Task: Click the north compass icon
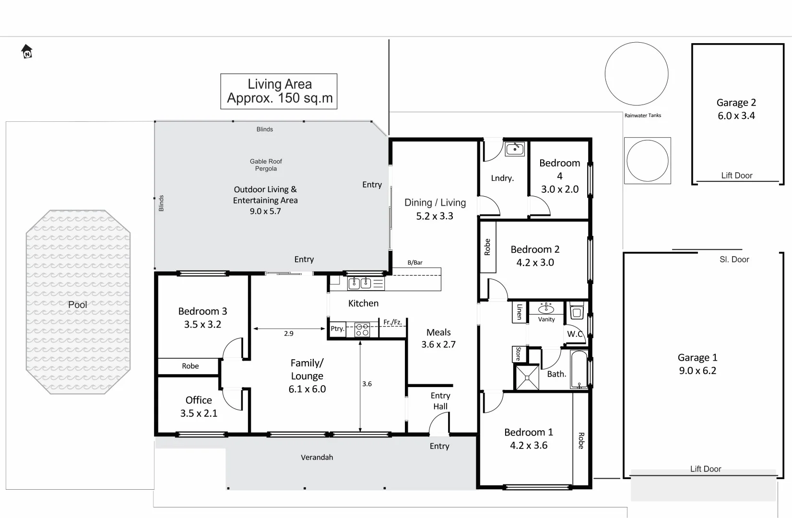pyautogui.click(x=27, y=51)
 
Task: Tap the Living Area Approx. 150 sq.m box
pyautogui.click(x=279, y=91)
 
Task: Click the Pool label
pyautogui.click(x=77, y=305)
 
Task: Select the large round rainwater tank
pyautogui.click(x=636, y=74)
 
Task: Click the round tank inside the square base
pyautogui.click(x=647, y=161)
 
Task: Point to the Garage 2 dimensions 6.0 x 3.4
pyautogui.click(x=736, y=116)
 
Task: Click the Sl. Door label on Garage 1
pyautogui.click(x=734, y=259)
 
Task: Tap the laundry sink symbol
pyautogui.click(x=515, y=149)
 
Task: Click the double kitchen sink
pyautogui.click(x=360, y=283)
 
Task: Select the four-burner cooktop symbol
pyautogui.click(x=362, y=330)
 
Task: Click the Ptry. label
pyautogui.click(x=337, y=329)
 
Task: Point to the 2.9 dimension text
pyautogui.click(x=288, y=333)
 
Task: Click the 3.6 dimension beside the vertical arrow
pyautogui.click(x=367, y=384)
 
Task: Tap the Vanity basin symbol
pyautogui.click(x=546, y=308)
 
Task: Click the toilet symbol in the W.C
pyautogui.click(x=577, y=313)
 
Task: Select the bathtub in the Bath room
pyautogui.click(x=579, y=370)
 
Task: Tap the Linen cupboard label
pyautogui.click(x=519, y=312)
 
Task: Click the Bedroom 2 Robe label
pyautogui.click(x=487, y=247)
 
